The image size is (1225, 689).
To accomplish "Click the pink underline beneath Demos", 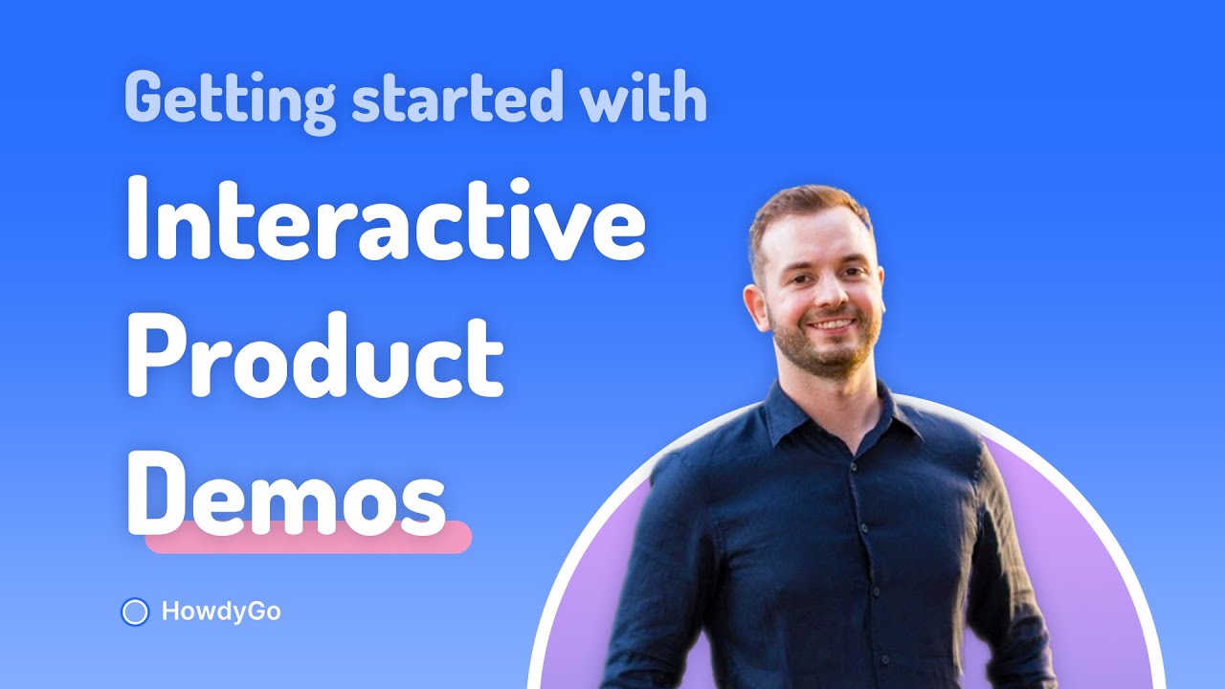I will point(308,538).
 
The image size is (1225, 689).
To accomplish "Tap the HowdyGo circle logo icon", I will point(136,611).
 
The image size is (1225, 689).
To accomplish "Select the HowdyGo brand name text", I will point(221,611).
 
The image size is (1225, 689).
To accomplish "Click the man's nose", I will point(830,297).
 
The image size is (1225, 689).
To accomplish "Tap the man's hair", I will point(804,206).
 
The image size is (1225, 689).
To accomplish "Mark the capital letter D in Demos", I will point(159,491).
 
